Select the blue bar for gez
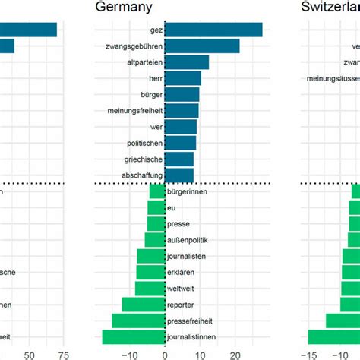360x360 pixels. [213, 30]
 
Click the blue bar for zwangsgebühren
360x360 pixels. [201, 46]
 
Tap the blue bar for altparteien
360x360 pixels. [186, 62]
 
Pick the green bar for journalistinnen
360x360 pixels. [134, 336]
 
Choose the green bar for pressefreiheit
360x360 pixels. [138, 321]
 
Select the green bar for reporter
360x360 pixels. [144, 305]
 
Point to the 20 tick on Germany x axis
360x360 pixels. [235, 354]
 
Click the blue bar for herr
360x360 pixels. [182, 78]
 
